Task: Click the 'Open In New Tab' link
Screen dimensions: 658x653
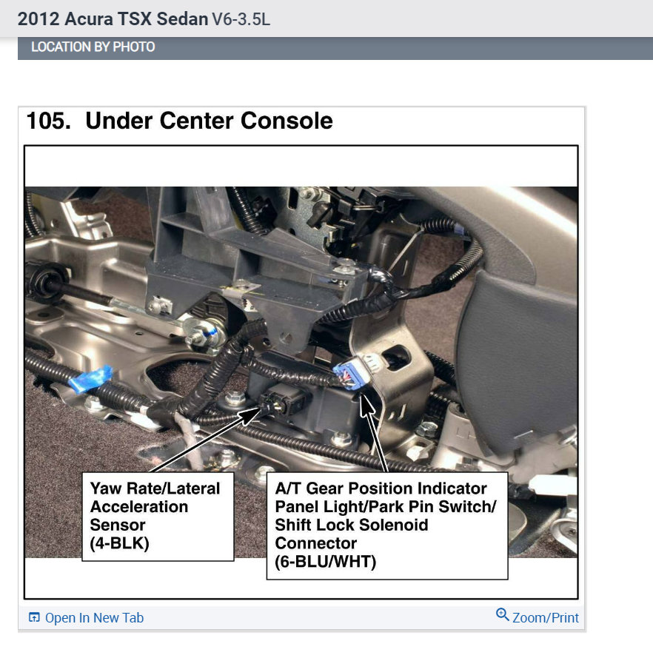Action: [x=94, y=617]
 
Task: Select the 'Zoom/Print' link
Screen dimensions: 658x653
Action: [x=546, y=617]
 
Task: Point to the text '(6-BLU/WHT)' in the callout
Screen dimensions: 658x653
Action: [x=325, y=562]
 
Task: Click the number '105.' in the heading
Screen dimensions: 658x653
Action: [x=48, y=121]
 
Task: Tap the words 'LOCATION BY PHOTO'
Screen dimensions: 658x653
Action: [x=93, y=47]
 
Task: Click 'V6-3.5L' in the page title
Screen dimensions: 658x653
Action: [x=241, y=19]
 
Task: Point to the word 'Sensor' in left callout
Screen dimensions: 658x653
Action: [x=118, y=525]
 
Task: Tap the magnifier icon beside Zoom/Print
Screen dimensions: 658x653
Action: [x=503, y=615]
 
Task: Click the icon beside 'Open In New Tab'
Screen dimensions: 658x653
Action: [x=34, y=617]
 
